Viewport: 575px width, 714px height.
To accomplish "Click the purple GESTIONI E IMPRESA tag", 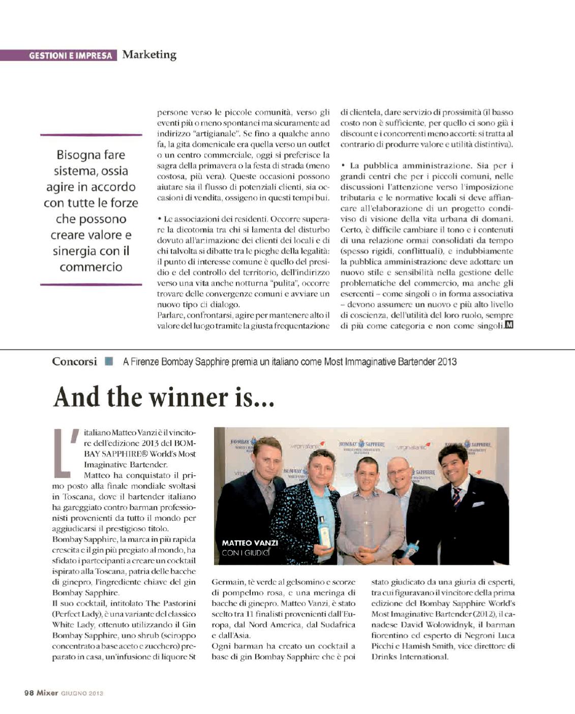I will [59, 55].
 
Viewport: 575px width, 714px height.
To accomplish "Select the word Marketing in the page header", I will [149, 54].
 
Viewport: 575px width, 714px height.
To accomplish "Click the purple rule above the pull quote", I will [91, 135].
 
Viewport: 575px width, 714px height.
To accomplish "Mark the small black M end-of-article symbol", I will [509, 325].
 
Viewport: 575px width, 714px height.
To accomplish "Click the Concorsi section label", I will [74, 362].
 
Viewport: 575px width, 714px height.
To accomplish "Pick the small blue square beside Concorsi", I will [109, 361].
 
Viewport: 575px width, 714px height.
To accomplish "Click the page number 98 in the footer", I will [28, 693].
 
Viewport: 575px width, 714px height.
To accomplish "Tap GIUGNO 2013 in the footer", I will [82, 693].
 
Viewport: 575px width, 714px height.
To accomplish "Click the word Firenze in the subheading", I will [144, 362].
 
